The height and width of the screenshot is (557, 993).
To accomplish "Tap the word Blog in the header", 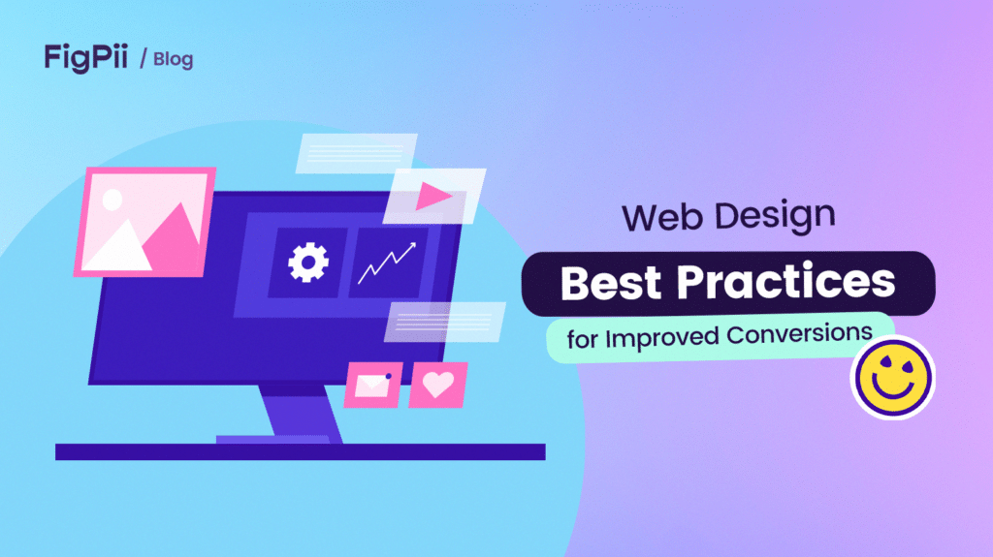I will coord(173,59).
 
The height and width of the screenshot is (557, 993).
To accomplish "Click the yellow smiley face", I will coord(891,376).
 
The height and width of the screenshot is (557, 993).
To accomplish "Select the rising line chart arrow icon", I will coord(386,263).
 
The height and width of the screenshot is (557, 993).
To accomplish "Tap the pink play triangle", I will coord(433,198).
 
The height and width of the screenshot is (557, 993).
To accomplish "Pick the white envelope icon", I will coord(371,386).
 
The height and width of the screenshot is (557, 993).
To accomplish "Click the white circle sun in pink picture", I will coord(112,201).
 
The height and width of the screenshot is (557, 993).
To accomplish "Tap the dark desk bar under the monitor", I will coord(300,451).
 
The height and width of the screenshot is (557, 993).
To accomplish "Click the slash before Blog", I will coord(144,59).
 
